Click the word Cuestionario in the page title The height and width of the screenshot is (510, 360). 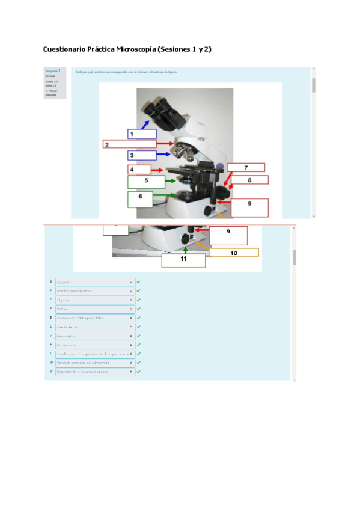point(64,48)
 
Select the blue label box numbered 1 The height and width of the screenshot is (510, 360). point(142,134)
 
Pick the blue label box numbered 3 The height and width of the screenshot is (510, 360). point(142,155)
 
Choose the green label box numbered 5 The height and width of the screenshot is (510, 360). point(146,180)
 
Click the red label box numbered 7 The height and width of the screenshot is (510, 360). point(245,168)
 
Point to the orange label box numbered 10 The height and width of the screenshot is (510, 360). point(234,253)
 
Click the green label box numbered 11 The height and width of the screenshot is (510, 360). point(184,260)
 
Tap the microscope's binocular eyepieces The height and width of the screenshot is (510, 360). point(155,109)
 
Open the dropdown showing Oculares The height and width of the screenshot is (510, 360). point(94,281)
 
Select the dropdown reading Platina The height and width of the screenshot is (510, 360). point(94,309)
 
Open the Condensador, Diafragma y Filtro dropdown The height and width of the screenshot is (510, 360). point(94,318)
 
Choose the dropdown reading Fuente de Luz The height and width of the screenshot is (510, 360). point(94,327)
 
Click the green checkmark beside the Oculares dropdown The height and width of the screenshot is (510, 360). point(138,281)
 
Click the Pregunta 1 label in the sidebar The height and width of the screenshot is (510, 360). point(53,70)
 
